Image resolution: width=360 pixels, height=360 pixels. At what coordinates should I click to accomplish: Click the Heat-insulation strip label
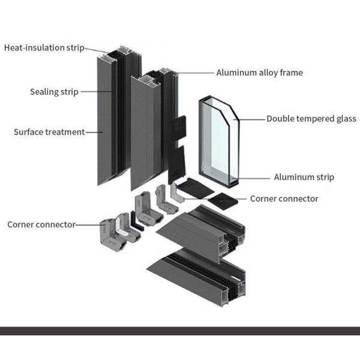point(44,47)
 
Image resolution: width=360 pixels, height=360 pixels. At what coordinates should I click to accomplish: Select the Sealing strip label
point(54,92)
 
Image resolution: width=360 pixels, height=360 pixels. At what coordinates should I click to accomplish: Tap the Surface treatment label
point(49,132)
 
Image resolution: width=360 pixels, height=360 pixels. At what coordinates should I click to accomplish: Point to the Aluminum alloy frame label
point(259,73)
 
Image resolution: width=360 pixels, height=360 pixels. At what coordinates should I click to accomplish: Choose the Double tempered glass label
point(311,119)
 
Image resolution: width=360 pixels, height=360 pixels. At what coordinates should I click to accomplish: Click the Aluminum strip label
point(304,177)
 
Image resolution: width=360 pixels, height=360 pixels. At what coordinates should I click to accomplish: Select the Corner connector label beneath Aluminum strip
point(284,199)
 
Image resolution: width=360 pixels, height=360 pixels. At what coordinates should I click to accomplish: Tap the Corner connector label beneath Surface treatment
point(41,224)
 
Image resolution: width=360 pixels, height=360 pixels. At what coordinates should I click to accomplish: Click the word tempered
point(316,119)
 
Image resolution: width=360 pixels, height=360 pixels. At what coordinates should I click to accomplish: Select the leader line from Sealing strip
point(96,92)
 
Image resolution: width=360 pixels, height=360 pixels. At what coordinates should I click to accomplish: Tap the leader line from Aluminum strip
point(255,177)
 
